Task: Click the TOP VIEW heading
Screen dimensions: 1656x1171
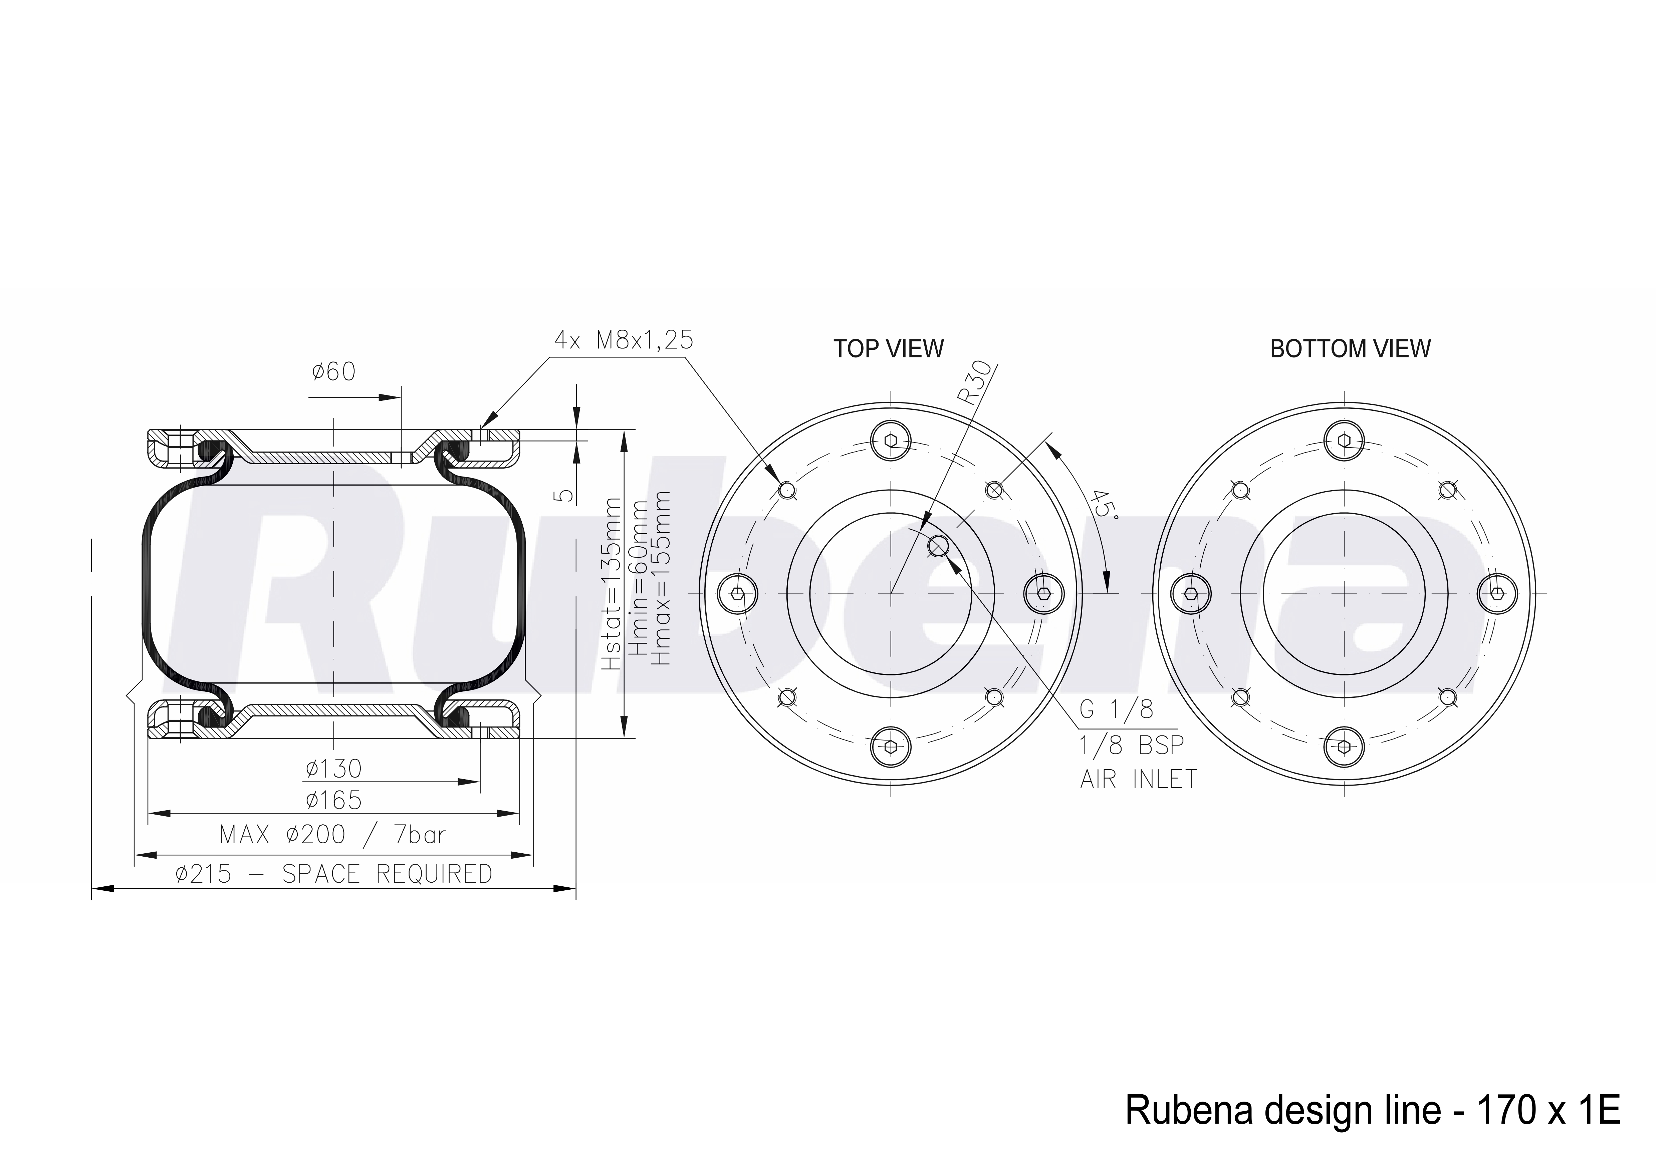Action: (x=889, y=349)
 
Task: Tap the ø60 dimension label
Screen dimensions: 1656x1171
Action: (x=334, y=372)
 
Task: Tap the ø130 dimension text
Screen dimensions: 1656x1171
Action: (x=333, y=769)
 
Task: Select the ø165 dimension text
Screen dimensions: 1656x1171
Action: (x=333, y=800)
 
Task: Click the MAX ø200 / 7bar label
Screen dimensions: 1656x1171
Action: (x=333, y=835)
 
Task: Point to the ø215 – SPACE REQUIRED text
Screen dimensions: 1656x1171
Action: (x=333, y=874)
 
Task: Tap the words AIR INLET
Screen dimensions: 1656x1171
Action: (x=1138, y=779)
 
